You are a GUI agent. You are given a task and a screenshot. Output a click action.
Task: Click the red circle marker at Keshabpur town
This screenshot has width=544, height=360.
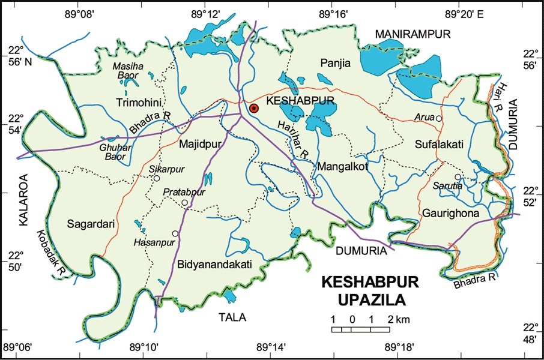click(254, 109)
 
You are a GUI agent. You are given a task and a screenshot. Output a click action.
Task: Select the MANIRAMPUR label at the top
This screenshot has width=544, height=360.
click(413, 35)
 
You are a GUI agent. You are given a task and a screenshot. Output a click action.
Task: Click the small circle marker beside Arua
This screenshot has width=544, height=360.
click(439, 119)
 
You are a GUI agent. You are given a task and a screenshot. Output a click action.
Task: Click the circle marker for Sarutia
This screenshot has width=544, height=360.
click(457, 177)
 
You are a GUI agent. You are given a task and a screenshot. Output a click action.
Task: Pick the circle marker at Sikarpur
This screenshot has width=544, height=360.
click(156, 178)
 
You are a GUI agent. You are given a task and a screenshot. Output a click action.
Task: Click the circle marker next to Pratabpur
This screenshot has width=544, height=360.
click(185, 203)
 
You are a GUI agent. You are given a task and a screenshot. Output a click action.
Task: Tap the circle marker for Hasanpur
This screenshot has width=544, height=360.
click(175, 233)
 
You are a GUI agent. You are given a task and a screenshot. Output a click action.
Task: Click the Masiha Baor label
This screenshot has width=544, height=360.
click(125, 71)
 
